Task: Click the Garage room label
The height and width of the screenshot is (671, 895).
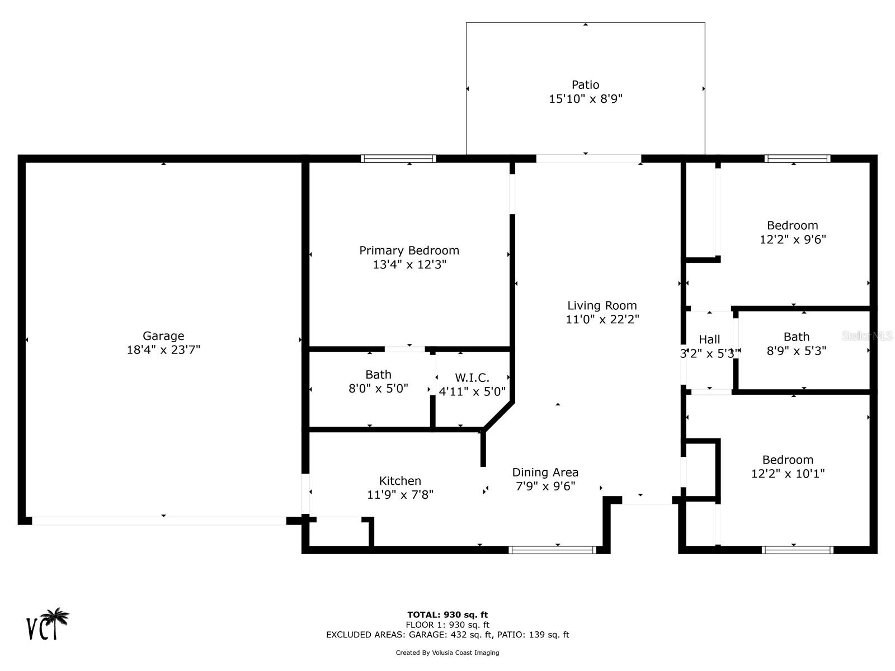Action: click(163, 335)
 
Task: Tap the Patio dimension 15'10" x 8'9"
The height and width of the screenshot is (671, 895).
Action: click(586, 98)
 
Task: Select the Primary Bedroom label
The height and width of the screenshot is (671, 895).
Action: click(409, 250)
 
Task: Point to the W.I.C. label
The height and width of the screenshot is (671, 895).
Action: click(472, 377)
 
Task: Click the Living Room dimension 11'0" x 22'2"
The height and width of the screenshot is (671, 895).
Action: click(602, 319)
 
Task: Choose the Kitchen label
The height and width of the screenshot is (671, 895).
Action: click(400, 480)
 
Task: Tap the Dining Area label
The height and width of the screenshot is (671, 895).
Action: click(545, 472)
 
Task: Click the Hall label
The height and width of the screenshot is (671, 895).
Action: click(709, 339)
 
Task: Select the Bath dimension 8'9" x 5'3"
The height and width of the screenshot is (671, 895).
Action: click(797, 351)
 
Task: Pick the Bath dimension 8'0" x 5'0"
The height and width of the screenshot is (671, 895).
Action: click(378, 388)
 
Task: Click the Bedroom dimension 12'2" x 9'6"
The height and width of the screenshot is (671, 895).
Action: click(793, 239)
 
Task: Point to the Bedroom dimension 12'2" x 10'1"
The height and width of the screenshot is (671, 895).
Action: click(788, 474)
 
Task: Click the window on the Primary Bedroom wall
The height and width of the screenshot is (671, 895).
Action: click(398, 158)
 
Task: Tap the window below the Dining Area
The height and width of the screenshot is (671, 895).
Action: click(553, 550)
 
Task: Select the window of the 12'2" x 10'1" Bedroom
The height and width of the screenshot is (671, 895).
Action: click(798, 550)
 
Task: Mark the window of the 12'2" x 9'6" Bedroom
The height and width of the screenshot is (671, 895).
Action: click(797, 158)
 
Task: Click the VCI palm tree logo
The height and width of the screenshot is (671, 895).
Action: click(48, 623)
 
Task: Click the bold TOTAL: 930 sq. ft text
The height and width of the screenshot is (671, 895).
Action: click(447, 615)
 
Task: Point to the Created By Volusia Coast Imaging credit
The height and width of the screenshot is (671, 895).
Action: click(447, 653)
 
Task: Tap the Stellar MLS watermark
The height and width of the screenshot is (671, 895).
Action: click(867, 335)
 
